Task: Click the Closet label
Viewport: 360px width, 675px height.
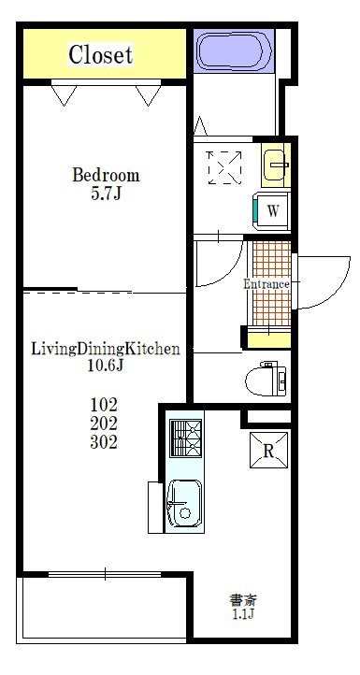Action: (101, 54)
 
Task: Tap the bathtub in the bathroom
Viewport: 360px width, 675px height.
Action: (235, 50)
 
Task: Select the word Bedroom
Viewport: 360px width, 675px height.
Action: (106, 175)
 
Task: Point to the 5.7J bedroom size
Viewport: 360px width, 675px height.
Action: (106, 194)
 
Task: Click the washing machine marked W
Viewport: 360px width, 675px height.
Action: (272, 211)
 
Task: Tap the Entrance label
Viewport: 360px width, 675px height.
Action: (266, 284)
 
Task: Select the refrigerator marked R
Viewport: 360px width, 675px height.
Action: (268, 451)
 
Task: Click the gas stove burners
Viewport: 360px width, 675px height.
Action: (185, 438)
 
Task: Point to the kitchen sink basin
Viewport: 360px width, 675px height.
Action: (184, 504)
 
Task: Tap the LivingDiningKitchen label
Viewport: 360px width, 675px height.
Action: (106, 349)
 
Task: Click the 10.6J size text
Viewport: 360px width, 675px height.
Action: (106, 366)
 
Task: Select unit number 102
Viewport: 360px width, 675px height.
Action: (104, 405)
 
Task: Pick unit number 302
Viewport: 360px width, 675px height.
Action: (104, 442)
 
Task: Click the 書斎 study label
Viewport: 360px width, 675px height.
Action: (243, 600)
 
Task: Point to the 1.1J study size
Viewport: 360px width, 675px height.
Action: (243, 614)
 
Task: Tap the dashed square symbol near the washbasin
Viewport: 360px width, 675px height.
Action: (224, 168)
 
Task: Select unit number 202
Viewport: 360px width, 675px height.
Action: (104, 424)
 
